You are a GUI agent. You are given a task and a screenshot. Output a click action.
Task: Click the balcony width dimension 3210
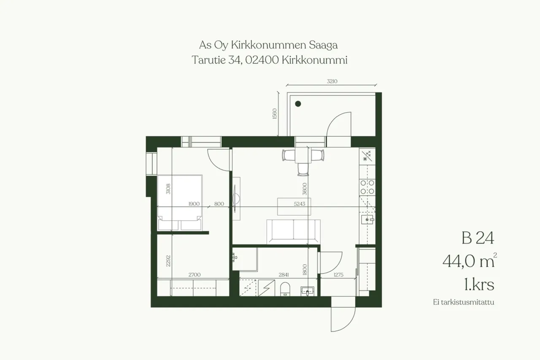click(x=332, y=81)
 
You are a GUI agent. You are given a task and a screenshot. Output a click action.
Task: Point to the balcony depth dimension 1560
click(x=275, y=114)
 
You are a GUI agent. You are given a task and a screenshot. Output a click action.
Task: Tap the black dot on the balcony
click(x=298, y=104)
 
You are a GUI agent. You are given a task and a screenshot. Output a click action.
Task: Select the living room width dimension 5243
click(x=300, y=204)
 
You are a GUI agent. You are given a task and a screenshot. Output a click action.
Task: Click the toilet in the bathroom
click(x=285, y=289)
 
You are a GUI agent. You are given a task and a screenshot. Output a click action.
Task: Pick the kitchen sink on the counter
click(x=367, y=219)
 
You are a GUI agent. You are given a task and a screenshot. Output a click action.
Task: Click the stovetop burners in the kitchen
click(x=367, y=187)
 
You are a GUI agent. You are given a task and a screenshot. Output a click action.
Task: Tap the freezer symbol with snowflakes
click(x=367, y=156)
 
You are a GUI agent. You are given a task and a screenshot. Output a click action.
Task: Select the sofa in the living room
click(x=293, y=232)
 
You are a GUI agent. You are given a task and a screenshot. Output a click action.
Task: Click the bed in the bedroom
click(x=180, y=203)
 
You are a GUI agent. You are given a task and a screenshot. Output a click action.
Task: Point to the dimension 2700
click(x=194, y=275)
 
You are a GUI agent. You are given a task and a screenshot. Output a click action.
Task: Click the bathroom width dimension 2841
click(x=284, y=275)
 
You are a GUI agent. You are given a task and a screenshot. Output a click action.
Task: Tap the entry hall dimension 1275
click(x=338, y=275)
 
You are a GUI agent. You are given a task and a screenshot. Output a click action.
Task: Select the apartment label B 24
click(x=478, y=238)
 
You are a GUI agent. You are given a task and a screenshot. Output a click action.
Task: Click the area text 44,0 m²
click(x=470, y=260)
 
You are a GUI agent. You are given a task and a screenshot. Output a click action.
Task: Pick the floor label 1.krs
click(x=479, y=284)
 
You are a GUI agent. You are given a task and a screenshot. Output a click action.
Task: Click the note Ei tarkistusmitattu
click(x=464, y=302)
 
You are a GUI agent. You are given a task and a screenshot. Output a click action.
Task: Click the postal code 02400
click(x=262, y=60)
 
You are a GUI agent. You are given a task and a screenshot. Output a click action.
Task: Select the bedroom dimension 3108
click(x=168, y=189)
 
